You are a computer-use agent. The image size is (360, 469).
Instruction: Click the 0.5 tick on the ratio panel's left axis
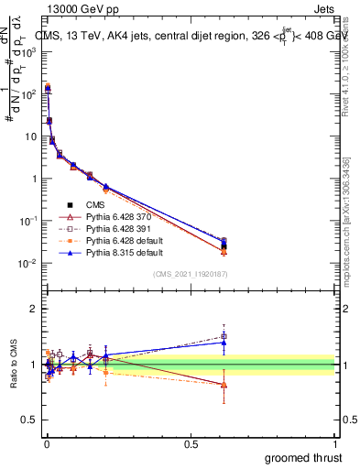(x=29, y=420)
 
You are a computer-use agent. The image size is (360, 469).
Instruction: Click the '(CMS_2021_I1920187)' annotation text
(x=191, y=274)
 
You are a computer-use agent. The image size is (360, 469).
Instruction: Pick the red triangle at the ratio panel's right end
(x=224, y=385)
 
